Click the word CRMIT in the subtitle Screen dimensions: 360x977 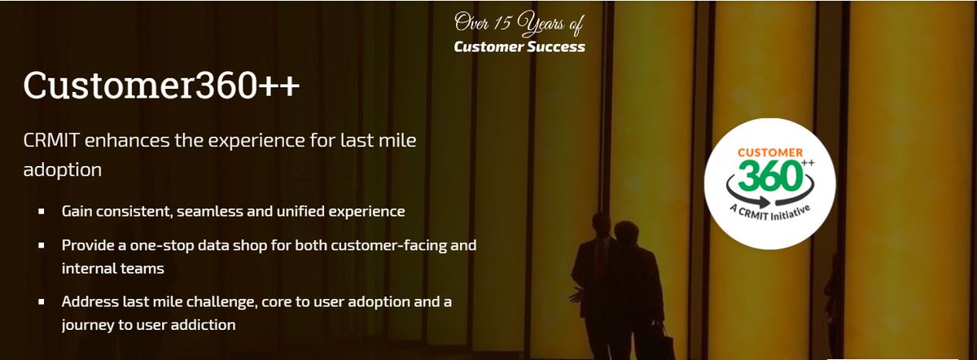(x=47, y=141)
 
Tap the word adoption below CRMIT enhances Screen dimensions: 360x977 (x=63, y=170)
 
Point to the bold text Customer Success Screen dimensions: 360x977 (x=519, y=46)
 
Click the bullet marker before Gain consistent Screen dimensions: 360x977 (x=42, y=212)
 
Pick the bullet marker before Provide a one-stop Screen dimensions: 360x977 (x=42, y=245)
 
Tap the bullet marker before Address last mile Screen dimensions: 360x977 (x=42, y=302)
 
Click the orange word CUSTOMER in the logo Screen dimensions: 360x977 (x=769, y=152)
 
